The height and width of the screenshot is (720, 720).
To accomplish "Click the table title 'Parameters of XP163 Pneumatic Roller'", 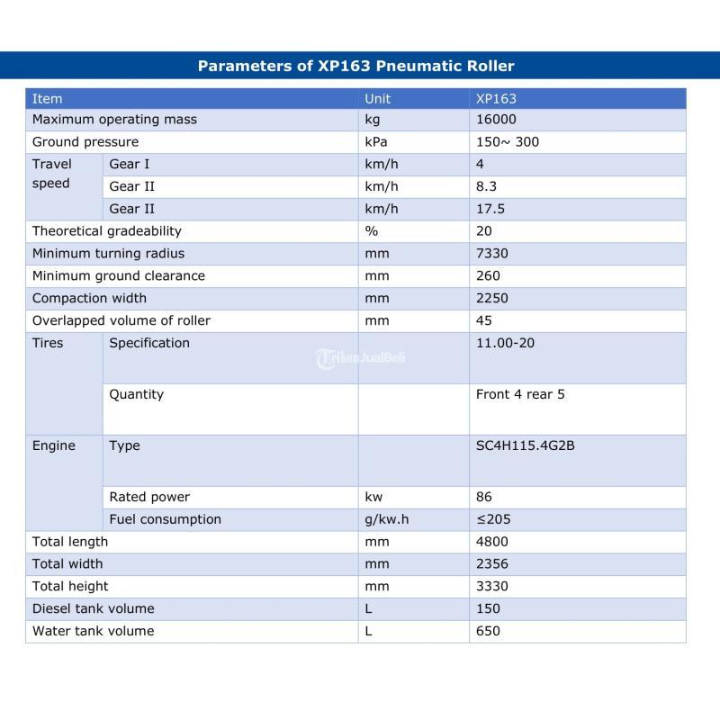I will click(x=355, y=66).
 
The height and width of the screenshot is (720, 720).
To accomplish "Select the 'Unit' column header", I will click(x=377, y=98).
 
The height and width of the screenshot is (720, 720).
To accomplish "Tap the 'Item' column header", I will click(x=47, y=98).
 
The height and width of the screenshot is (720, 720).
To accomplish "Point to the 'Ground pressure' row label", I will click(x=85, y=142).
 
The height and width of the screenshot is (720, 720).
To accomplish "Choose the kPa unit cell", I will click(x=376, y=142).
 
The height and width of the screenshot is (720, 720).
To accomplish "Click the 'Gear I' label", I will click(x=130, y=165).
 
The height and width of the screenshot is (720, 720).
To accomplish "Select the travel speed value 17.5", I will click(x=490, y=209).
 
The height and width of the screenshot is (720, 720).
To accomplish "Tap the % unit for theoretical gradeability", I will click(x=371, y=231).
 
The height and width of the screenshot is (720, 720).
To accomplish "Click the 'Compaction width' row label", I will click(x=89, y=298).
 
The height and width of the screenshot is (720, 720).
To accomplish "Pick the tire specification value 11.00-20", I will click(x=505, y=343).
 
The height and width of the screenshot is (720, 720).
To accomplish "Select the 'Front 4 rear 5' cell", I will click(x=520, y=394).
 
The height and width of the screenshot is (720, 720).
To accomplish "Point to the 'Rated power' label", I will click(x=149, y=497).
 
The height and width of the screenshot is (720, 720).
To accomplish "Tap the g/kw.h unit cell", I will click(x=387, y=519).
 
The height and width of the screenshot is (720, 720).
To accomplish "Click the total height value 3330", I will click(x=491, y=586).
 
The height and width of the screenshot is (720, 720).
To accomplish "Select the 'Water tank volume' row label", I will click(x=93, y=631).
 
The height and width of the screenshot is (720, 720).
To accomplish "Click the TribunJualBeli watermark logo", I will click(x=360, y=358).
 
